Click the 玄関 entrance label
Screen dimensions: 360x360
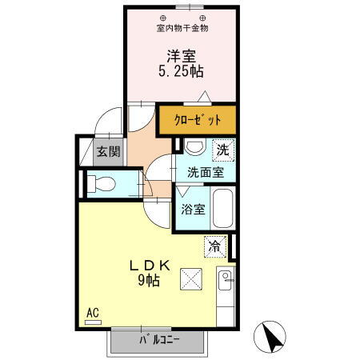pos(109,150)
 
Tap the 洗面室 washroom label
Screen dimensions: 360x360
pos(210,171)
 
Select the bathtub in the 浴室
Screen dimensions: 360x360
pos(223,209)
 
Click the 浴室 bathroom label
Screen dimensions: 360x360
pos(193,210)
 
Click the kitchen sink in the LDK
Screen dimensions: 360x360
pos(225,282)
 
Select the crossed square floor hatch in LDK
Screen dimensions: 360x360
pos(190,279)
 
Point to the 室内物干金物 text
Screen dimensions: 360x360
pos(182,28)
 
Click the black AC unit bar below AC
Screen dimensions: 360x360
pos(94,322)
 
